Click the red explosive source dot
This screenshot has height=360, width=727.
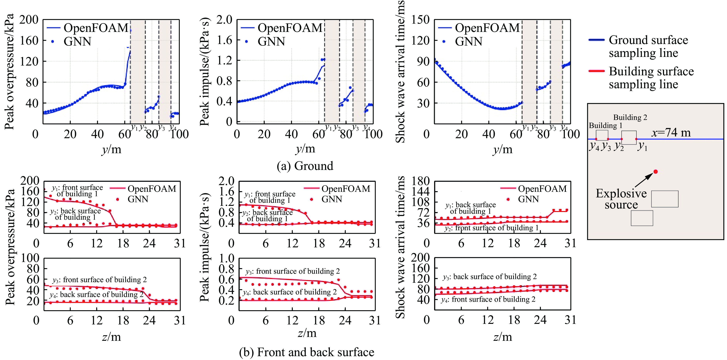656,171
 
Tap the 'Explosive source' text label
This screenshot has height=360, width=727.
621,199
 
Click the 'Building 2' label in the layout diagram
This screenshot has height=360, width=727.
630,117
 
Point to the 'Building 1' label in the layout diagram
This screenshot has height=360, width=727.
605,125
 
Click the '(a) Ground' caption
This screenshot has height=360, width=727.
305,166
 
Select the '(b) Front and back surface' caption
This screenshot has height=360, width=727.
307,352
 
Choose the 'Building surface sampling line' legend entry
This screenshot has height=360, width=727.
651,78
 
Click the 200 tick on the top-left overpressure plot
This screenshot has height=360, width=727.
29,20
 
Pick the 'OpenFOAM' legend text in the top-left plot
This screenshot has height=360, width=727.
96,28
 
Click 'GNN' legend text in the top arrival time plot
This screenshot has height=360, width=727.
469,42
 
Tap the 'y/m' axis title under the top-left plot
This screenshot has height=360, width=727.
111,149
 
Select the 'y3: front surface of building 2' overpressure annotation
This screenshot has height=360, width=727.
99,280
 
